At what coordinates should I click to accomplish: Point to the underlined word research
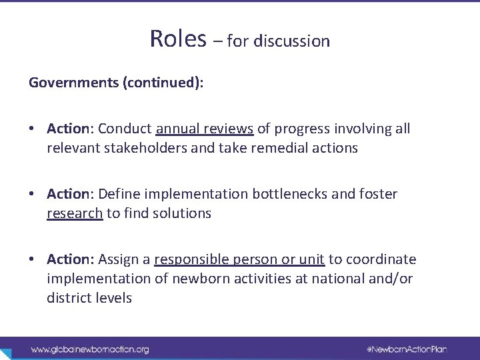pyautogui.click(x=75, y=213)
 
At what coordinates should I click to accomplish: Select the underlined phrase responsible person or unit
pyautogui.click(x=239, y=260)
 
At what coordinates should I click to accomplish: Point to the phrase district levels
pyautogui.click(x=89, y=298)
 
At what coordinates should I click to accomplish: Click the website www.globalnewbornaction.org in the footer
pyautogui.click(x=89, y=349)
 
